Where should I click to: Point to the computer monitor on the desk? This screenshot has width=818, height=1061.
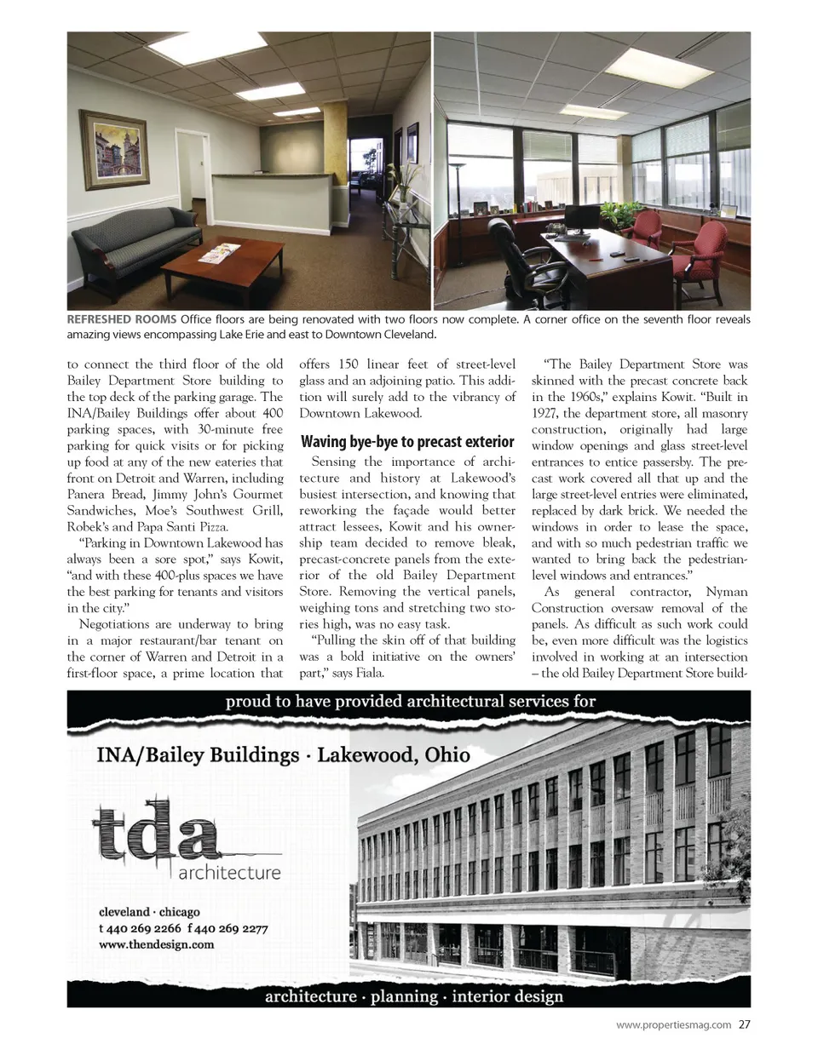585,216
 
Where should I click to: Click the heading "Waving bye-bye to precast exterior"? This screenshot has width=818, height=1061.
407,441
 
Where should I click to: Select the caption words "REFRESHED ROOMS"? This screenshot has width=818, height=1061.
122,319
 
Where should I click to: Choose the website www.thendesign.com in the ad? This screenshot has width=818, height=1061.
157,943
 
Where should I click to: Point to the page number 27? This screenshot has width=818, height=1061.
745,1024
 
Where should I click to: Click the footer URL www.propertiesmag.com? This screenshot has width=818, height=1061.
673,1024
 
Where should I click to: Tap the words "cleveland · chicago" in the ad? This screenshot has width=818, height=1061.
149,911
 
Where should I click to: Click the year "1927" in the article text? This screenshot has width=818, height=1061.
545,413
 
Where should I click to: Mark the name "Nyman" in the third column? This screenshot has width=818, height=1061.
727,591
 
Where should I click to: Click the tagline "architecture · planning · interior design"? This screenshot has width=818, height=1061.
414,995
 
